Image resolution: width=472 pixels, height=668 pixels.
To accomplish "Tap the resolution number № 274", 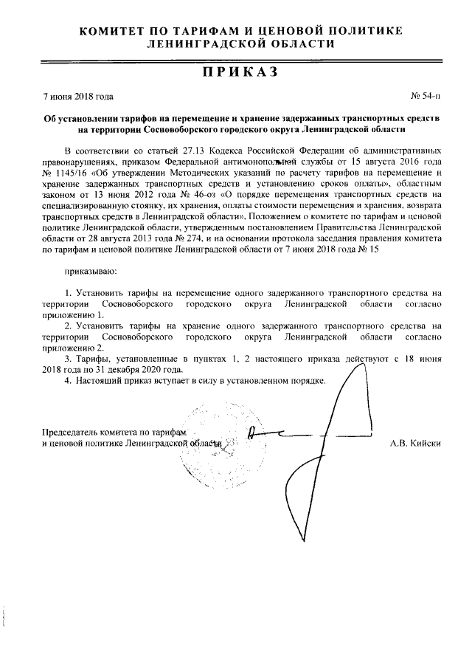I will pyautogui.click(x=184, y=239).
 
